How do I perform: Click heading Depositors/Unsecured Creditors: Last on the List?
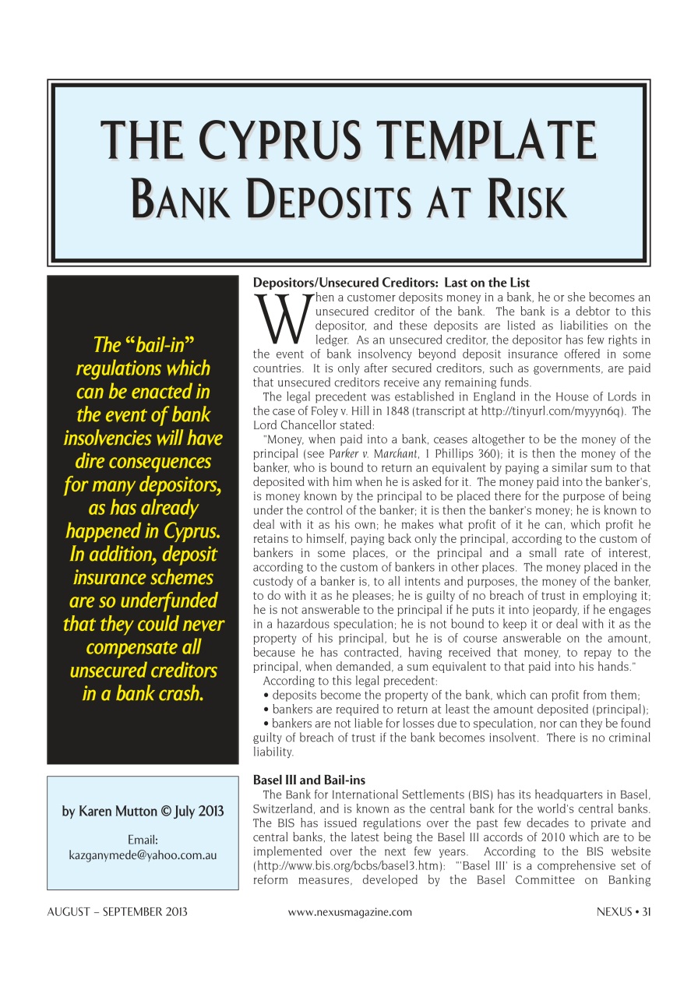click(391, 284)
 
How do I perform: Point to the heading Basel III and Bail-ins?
click(309, 780)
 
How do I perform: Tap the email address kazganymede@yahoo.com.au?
click(143, 854)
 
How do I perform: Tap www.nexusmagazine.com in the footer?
click(350, 912)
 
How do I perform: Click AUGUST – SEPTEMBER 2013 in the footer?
click(118, 912)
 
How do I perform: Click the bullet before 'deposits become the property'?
click(266, 696)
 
